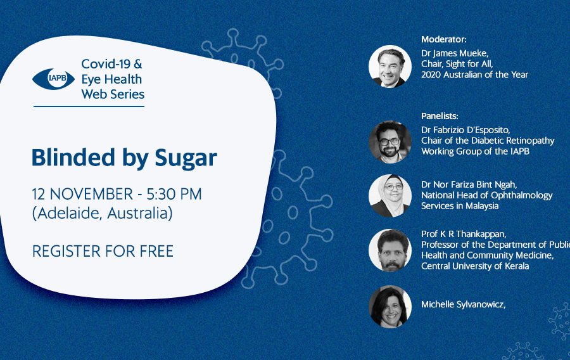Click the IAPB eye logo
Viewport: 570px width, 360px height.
53,79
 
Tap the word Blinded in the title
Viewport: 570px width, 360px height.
73,157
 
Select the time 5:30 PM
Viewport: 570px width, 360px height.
174,194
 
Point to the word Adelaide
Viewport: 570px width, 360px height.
68,213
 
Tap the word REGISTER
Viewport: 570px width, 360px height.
66,251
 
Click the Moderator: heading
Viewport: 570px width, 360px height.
443,39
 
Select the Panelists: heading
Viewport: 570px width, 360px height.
440,116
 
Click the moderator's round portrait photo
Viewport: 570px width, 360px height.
390,67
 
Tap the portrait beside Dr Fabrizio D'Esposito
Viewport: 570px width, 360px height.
390,142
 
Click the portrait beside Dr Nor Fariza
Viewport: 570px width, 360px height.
390,196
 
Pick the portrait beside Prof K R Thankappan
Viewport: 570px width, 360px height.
390,250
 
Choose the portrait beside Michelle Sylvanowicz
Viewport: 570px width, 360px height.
390,307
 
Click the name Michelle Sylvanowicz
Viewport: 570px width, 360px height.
463,305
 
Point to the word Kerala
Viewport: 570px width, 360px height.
517,266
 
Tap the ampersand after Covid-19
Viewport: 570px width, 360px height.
138,64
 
